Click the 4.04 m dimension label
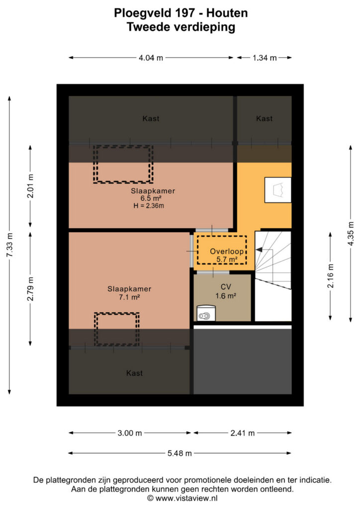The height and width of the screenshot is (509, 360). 151,58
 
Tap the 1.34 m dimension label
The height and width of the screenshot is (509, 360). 265,58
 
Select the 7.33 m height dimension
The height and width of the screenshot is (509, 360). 10,245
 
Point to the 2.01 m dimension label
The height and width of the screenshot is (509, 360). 30,186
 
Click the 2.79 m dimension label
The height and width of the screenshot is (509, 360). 30,289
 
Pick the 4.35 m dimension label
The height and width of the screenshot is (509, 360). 351,234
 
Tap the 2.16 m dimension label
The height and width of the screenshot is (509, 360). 331,276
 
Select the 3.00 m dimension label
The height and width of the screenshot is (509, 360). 130,433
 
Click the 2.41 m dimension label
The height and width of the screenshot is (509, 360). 243,433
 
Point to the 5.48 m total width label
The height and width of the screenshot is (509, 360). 180,453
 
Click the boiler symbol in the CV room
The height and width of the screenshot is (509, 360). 206,313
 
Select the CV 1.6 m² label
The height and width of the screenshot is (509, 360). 226,291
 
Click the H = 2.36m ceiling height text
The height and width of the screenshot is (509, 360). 149,206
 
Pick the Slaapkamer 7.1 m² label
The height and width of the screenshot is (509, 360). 129,293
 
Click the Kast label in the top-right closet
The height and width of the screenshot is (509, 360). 264,119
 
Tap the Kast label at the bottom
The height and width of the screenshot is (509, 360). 134,373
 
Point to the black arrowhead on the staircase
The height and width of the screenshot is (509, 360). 260,250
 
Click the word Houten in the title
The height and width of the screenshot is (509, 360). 227,13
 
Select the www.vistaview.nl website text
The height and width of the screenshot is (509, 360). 186,498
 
